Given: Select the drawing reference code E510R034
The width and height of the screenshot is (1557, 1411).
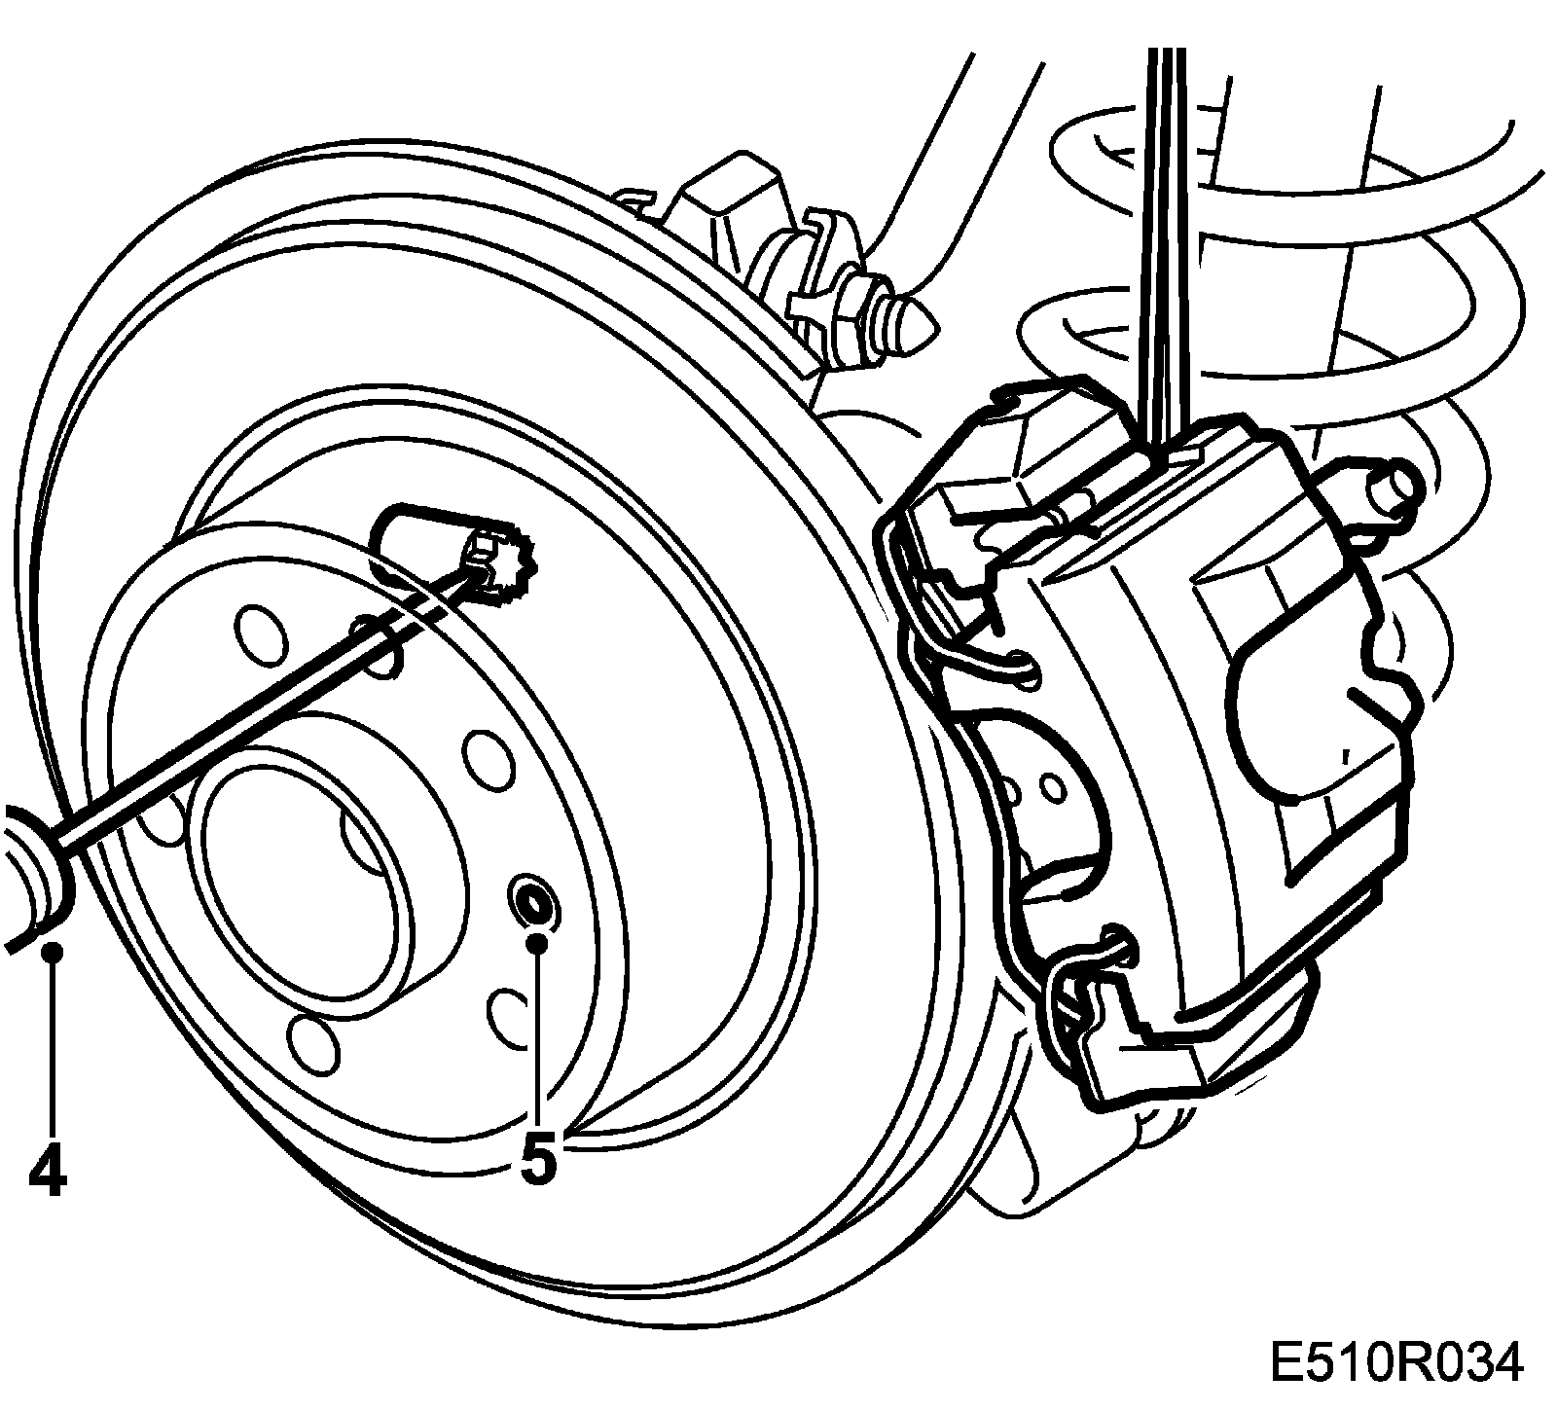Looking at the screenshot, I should pyautogui.click(x=1394, y=1365).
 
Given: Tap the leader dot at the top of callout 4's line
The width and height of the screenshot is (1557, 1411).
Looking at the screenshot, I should pyautogui.click(x=53, y=951).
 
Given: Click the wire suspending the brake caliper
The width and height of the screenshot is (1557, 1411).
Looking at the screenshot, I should pyautogui.click(x=1164, y=243).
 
